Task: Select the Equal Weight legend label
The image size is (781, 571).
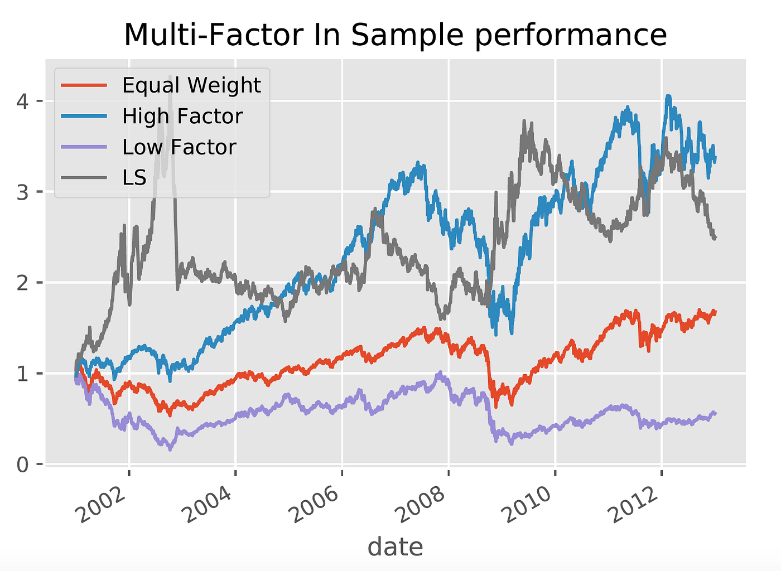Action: click(x=191, y=85)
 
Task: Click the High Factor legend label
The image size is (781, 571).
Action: click(x=182, y=117)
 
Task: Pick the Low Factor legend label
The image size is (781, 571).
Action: click(x=179, y=147)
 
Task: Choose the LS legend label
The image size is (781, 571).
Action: click(x=134, y=178)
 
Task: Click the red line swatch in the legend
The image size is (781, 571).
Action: click(x=84, y=85)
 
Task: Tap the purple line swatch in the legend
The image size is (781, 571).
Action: click(x=84, y=147)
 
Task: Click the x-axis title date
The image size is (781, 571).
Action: click(x=395, y=547)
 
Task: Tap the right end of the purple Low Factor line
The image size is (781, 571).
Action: click(x=715, y=413)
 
